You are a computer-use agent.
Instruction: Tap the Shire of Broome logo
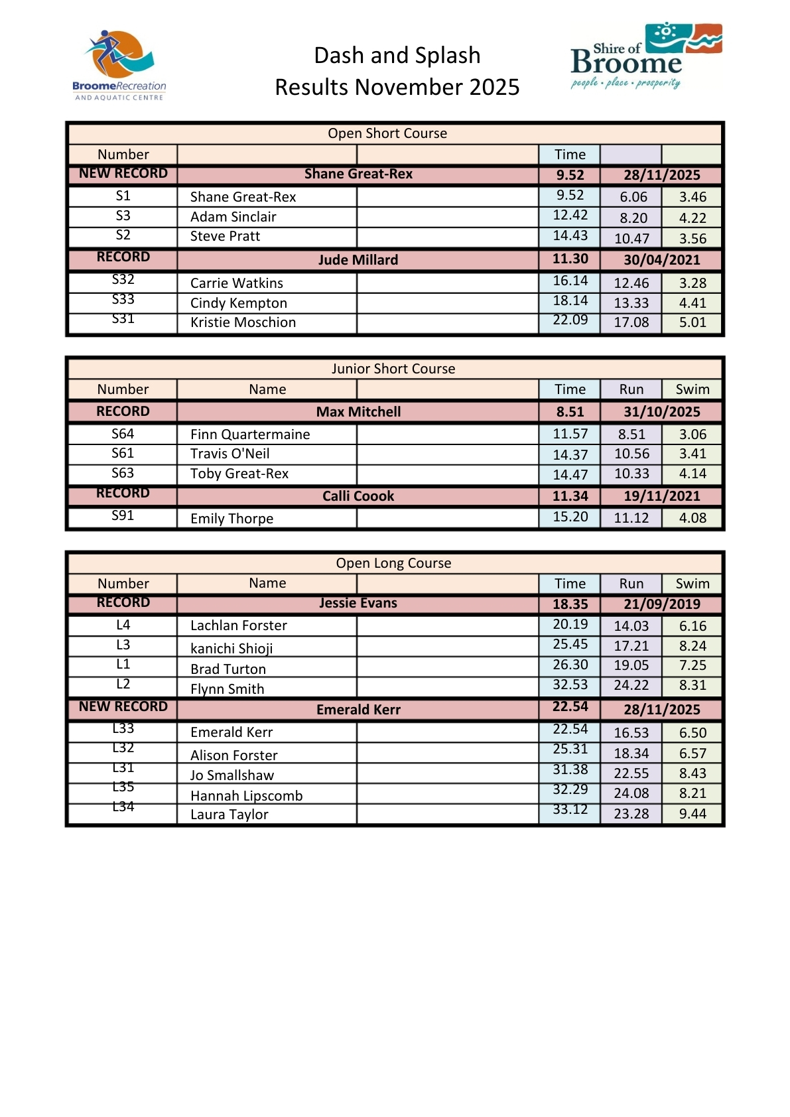click(645, 56)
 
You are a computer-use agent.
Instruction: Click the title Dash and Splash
click(397, 56)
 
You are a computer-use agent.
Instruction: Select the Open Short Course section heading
click(387, 133)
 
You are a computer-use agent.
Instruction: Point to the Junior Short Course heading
click(393, 369)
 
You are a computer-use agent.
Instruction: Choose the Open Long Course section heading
click(393, 563)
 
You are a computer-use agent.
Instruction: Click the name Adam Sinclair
click(233, 217)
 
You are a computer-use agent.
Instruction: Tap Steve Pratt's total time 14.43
click(570, 235)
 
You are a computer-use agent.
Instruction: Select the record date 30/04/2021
click(661, 260)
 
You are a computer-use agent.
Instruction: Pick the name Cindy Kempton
click(238, 303)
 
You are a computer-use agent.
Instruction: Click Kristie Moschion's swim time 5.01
click(692, 322)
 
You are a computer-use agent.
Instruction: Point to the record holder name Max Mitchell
click(358, 412)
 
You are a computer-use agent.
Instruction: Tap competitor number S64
click(123, 434)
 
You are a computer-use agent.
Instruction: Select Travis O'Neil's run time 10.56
click(631, 454)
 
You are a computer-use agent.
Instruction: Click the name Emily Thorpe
click(231, 519)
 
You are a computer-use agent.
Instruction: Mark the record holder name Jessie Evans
click(358, 603)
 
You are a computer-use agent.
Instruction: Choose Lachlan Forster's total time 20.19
click(570, 624)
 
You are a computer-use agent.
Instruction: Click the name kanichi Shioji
click(231, 648)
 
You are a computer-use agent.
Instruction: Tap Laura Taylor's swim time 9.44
click(692, 814)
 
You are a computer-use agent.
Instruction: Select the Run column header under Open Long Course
click(631, 584)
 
